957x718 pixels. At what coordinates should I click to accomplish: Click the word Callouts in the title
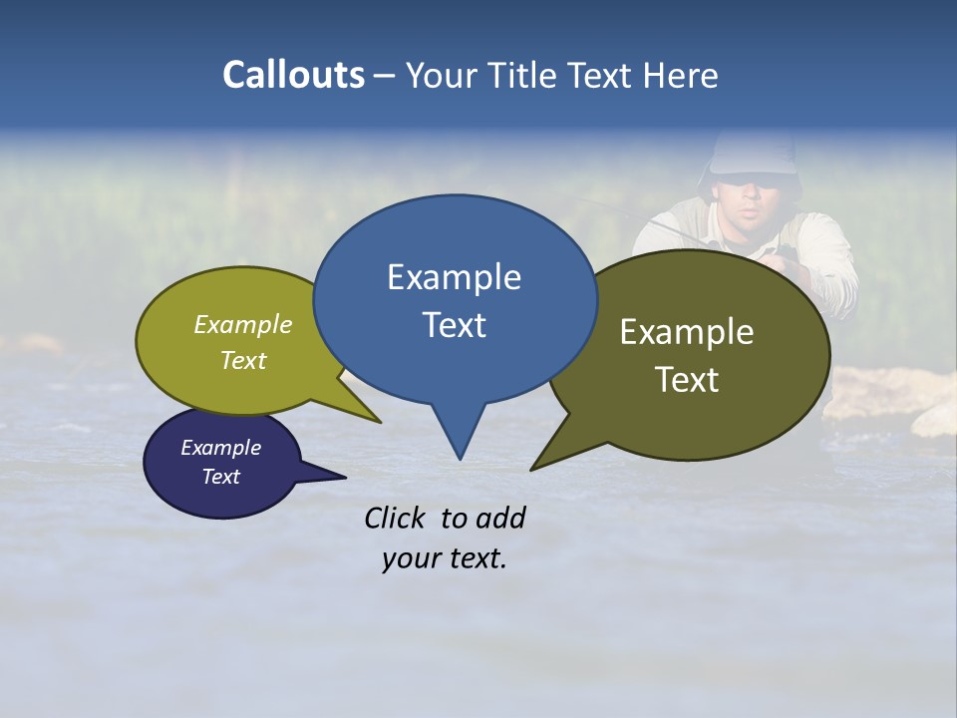point(293,75)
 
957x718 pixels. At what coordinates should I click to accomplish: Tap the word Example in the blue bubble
point(454,277)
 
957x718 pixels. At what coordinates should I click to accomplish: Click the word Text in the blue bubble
point(454,325)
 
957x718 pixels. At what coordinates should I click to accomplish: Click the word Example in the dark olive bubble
point(687,332)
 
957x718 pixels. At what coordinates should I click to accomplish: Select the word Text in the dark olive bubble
point(687,380)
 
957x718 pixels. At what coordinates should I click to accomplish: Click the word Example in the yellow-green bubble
point(243,325)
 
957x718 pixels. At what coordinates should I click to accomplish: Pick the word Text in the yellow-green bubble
point(243,360)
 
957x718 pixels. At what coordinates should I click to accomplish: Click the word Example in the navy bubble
point(220,448)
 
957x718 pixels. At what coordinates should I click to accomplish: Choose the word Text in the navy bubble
point(220,477)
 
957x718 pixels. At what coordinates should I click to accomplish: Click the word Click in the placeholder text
point(397,518)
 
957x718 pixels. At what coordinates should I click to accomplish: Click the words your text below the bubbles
point(445,558)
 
